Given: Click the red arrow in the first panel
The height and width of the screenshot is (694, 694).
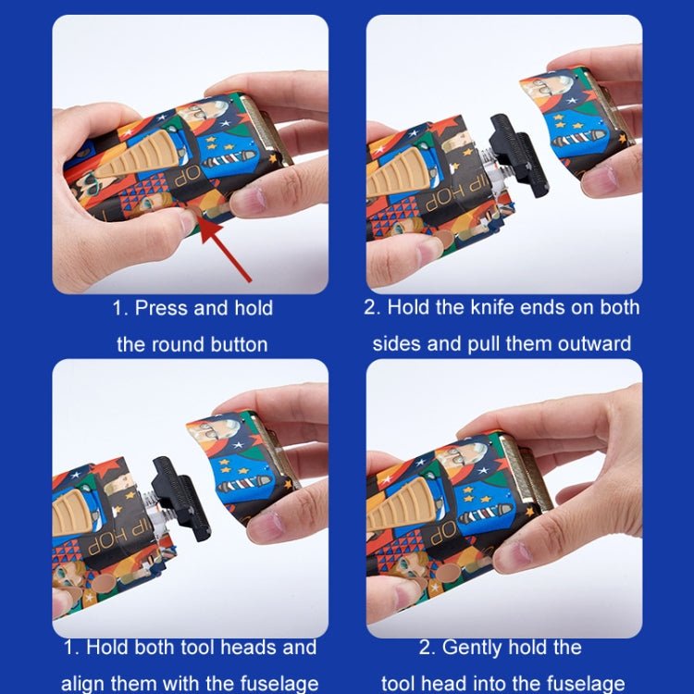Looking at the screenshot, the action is click(225, 249).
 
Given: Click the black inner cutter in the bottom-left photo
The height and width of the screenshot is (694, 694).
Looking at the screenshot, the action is click(181, 499).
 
